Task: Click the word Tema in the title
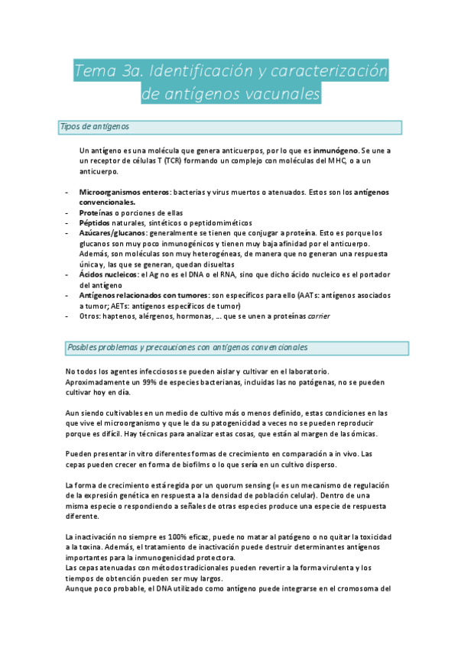(92, 73)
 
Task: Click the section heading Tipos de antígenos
(94, 127)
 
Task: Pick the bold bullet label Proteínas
(96, 212)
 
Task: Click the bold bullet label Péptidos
(96, 222)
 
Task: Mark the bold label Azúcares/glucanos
(114, 232)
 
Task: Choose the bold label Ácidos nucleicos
(109, 274)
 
